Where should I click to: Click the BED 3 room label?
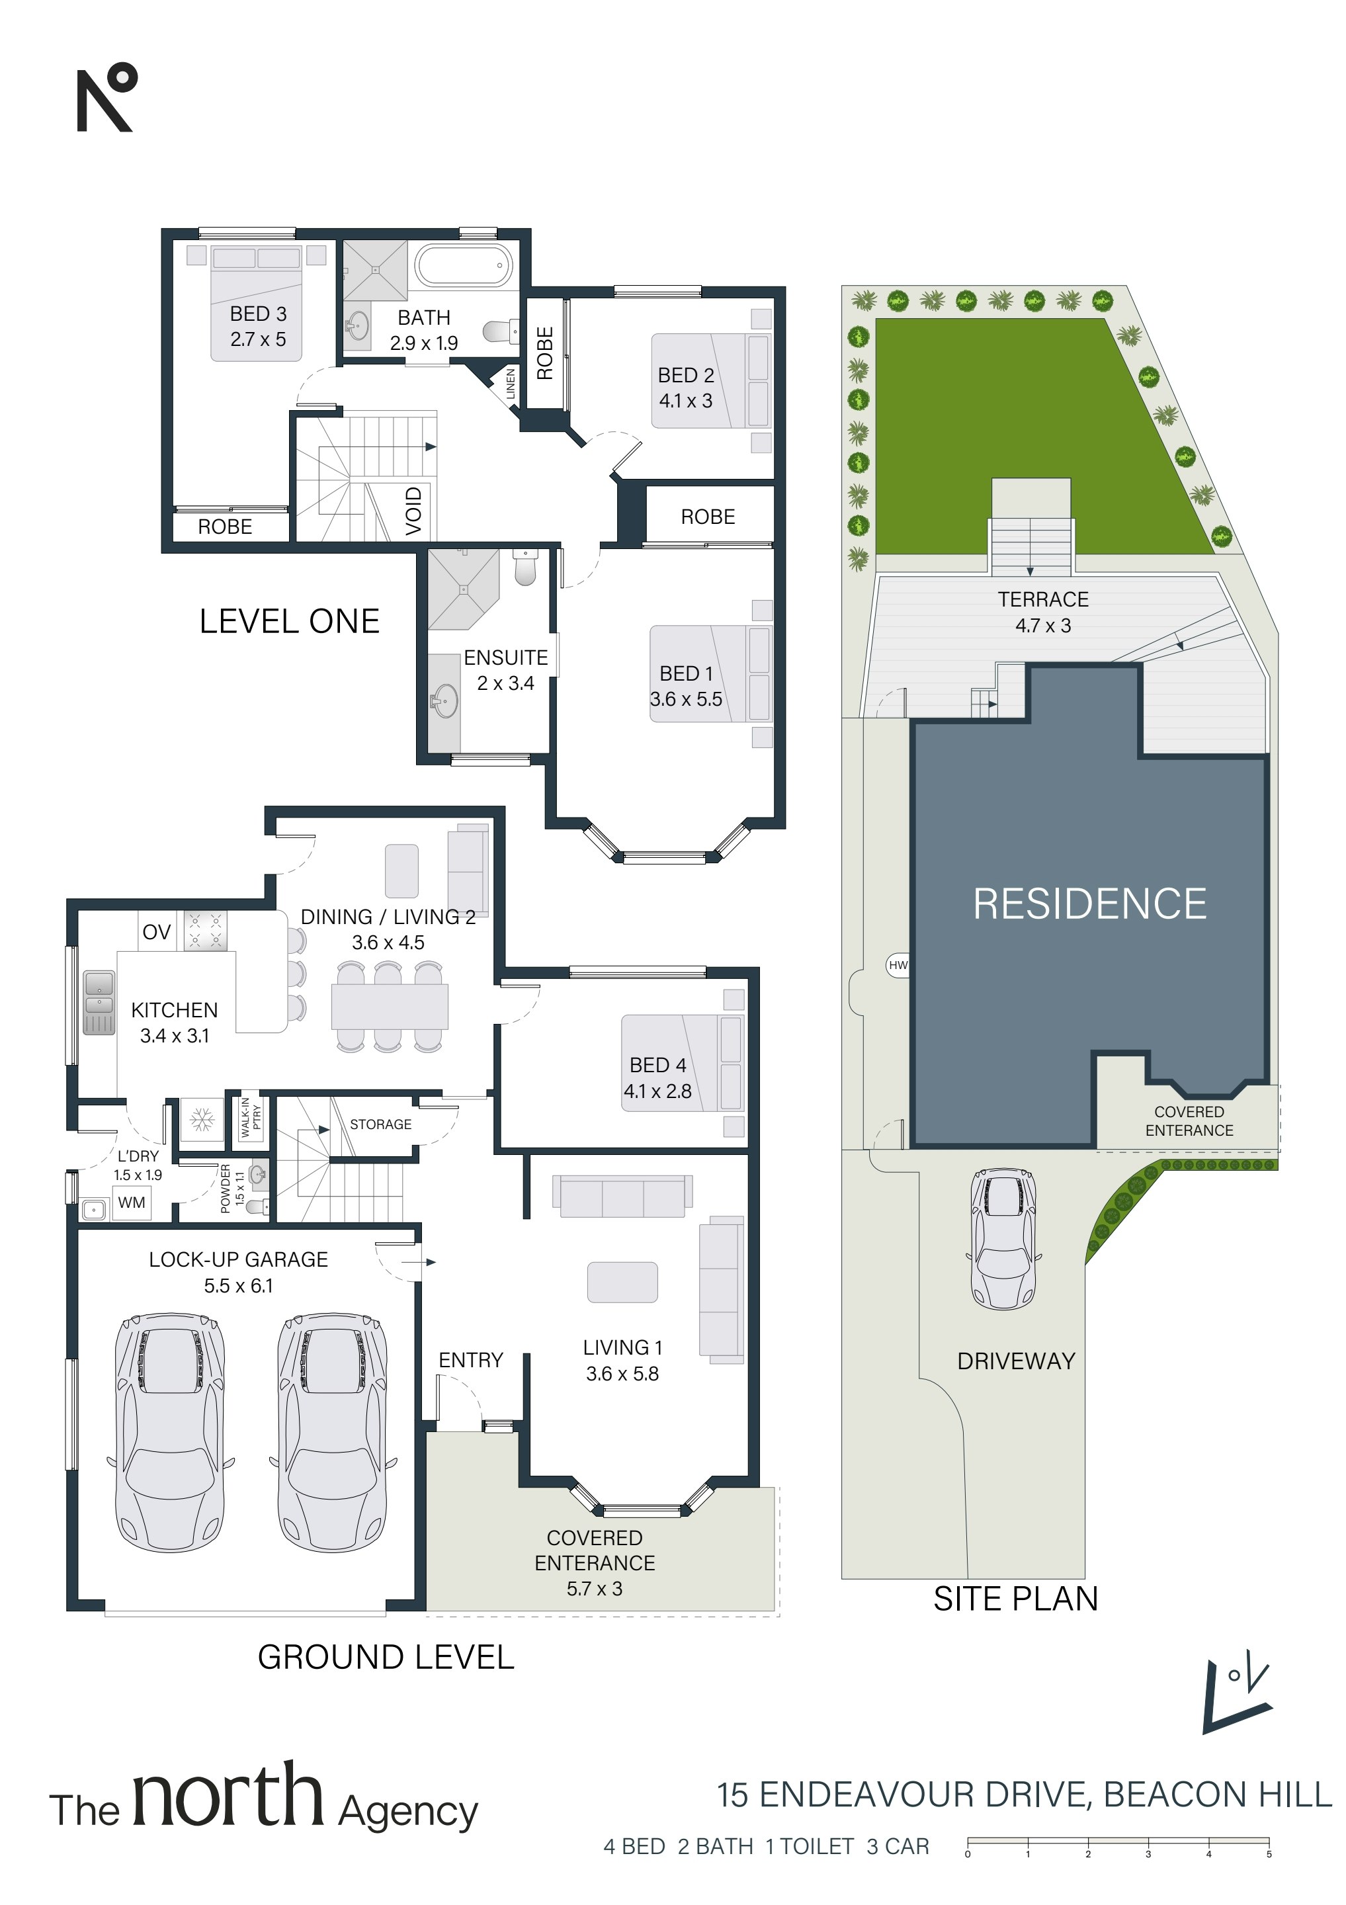[258, 314]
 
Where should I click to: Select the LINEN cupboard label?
[511, 384]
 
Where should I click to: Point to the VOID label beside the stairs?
[413, 510]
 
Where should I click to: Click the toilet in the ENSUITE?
[525, 565]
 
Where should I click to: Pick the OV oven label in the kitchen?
[156, 932]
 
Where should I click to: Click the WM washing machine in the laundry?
[131, 1203]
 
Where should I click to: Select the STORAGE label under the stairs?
[380, 1124]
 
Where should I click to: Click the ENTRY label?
[470, 1360]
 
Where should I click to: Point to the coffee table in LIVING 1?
[622, 1282]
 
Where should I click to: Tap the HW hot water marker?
[898, 965]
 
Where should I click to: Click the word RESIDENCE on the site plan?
[1089, 904]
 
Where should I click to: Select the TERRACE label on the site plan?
[1043, 599]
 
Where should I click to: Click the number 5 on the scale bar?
[1269, 1853]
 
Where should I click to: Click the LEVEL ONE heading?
[290, 620]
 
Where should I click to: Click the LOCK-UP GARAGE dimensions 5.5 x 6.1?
[238, 1285]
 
